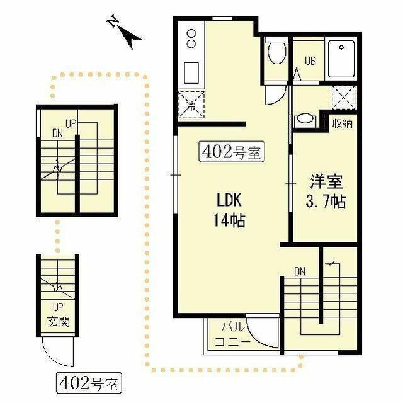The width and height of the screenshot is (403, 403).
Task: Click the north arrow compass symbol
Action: [125, 32]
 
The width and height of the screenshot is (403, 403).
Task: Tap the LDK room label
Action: [229, 200]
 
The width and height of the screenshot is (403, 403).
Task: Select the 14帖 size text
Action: [229, 220]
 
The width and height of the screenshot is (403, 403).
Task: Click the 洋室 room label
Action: [326, 181]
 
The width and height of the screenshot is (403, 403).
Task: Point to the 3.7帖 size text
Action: [326, 201]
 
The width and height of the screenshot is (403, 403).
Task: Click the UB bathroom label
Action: [310, 61]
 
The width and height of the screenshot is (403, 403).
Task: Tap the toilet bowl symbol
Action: [276, 52]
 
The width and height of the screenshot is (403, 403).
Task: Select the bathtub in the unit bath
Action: [341, 59]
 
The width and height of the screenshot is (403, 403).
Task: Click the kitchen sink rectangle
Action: [191, 73]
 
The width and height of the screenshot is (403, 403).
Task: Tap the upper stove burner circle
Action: [191, 33]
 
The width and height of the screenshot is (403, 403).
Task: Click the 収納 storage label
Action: [343, 124]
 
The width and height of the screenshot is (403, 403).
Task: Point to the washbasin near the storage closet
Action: [305, 120]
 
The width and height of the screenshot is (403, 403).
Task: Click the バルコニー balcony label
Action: [232, 334]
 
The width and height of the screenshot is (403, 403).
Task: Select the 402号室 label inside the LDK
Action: [232, 152]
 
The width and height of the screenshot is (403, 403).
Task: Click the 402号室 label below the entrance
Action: [89, 383]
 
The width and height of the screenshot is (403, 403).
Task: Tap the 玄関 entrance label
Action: [59, 322]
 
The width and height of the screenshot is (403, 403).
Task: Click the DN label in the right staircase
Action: [300, 271]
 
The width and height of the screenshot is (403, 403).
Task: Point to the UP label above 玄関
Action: [58, 307]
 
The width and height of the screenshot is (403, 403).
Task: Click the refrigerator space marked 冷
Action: [191, 105]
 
